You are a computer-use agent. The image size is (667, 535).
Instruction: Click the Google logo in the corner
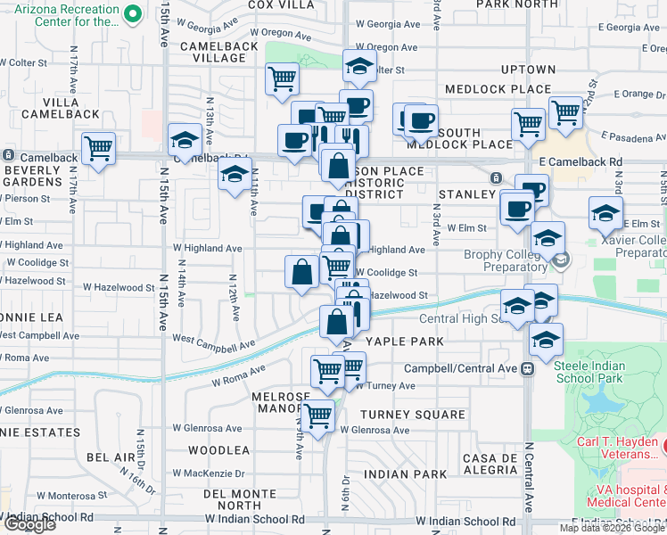click(x=29, y=524)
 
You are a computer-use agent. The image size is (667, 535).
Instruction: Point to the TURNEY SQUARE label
click(x=413, y=415)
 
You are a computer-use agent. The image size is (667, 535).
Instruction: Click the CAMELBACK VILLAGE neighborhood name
click(x=213, y=51)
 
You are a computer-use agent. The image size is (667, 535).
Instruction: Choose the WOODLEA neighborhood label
click(x=213, y=450)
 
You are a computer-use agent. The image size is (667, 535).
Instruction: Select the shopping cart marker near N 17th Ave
click(x=98, y=148)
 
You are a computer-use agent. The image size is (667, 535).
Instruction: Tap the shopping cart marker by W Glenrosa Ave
click(x=317, y=416)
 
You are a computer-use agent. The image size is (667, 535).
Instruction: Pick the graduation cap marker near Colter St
click(x=359, y=67)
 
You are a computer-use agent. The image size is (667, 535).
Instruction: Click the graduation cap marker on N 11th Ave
click(x=235, y=174)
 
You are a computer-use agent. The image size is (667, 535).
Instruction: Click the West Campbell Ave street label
click(x=213, y=342)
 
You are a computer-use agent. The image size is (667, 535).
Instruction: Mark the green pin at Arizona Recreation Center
click(x=133, y=13)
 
